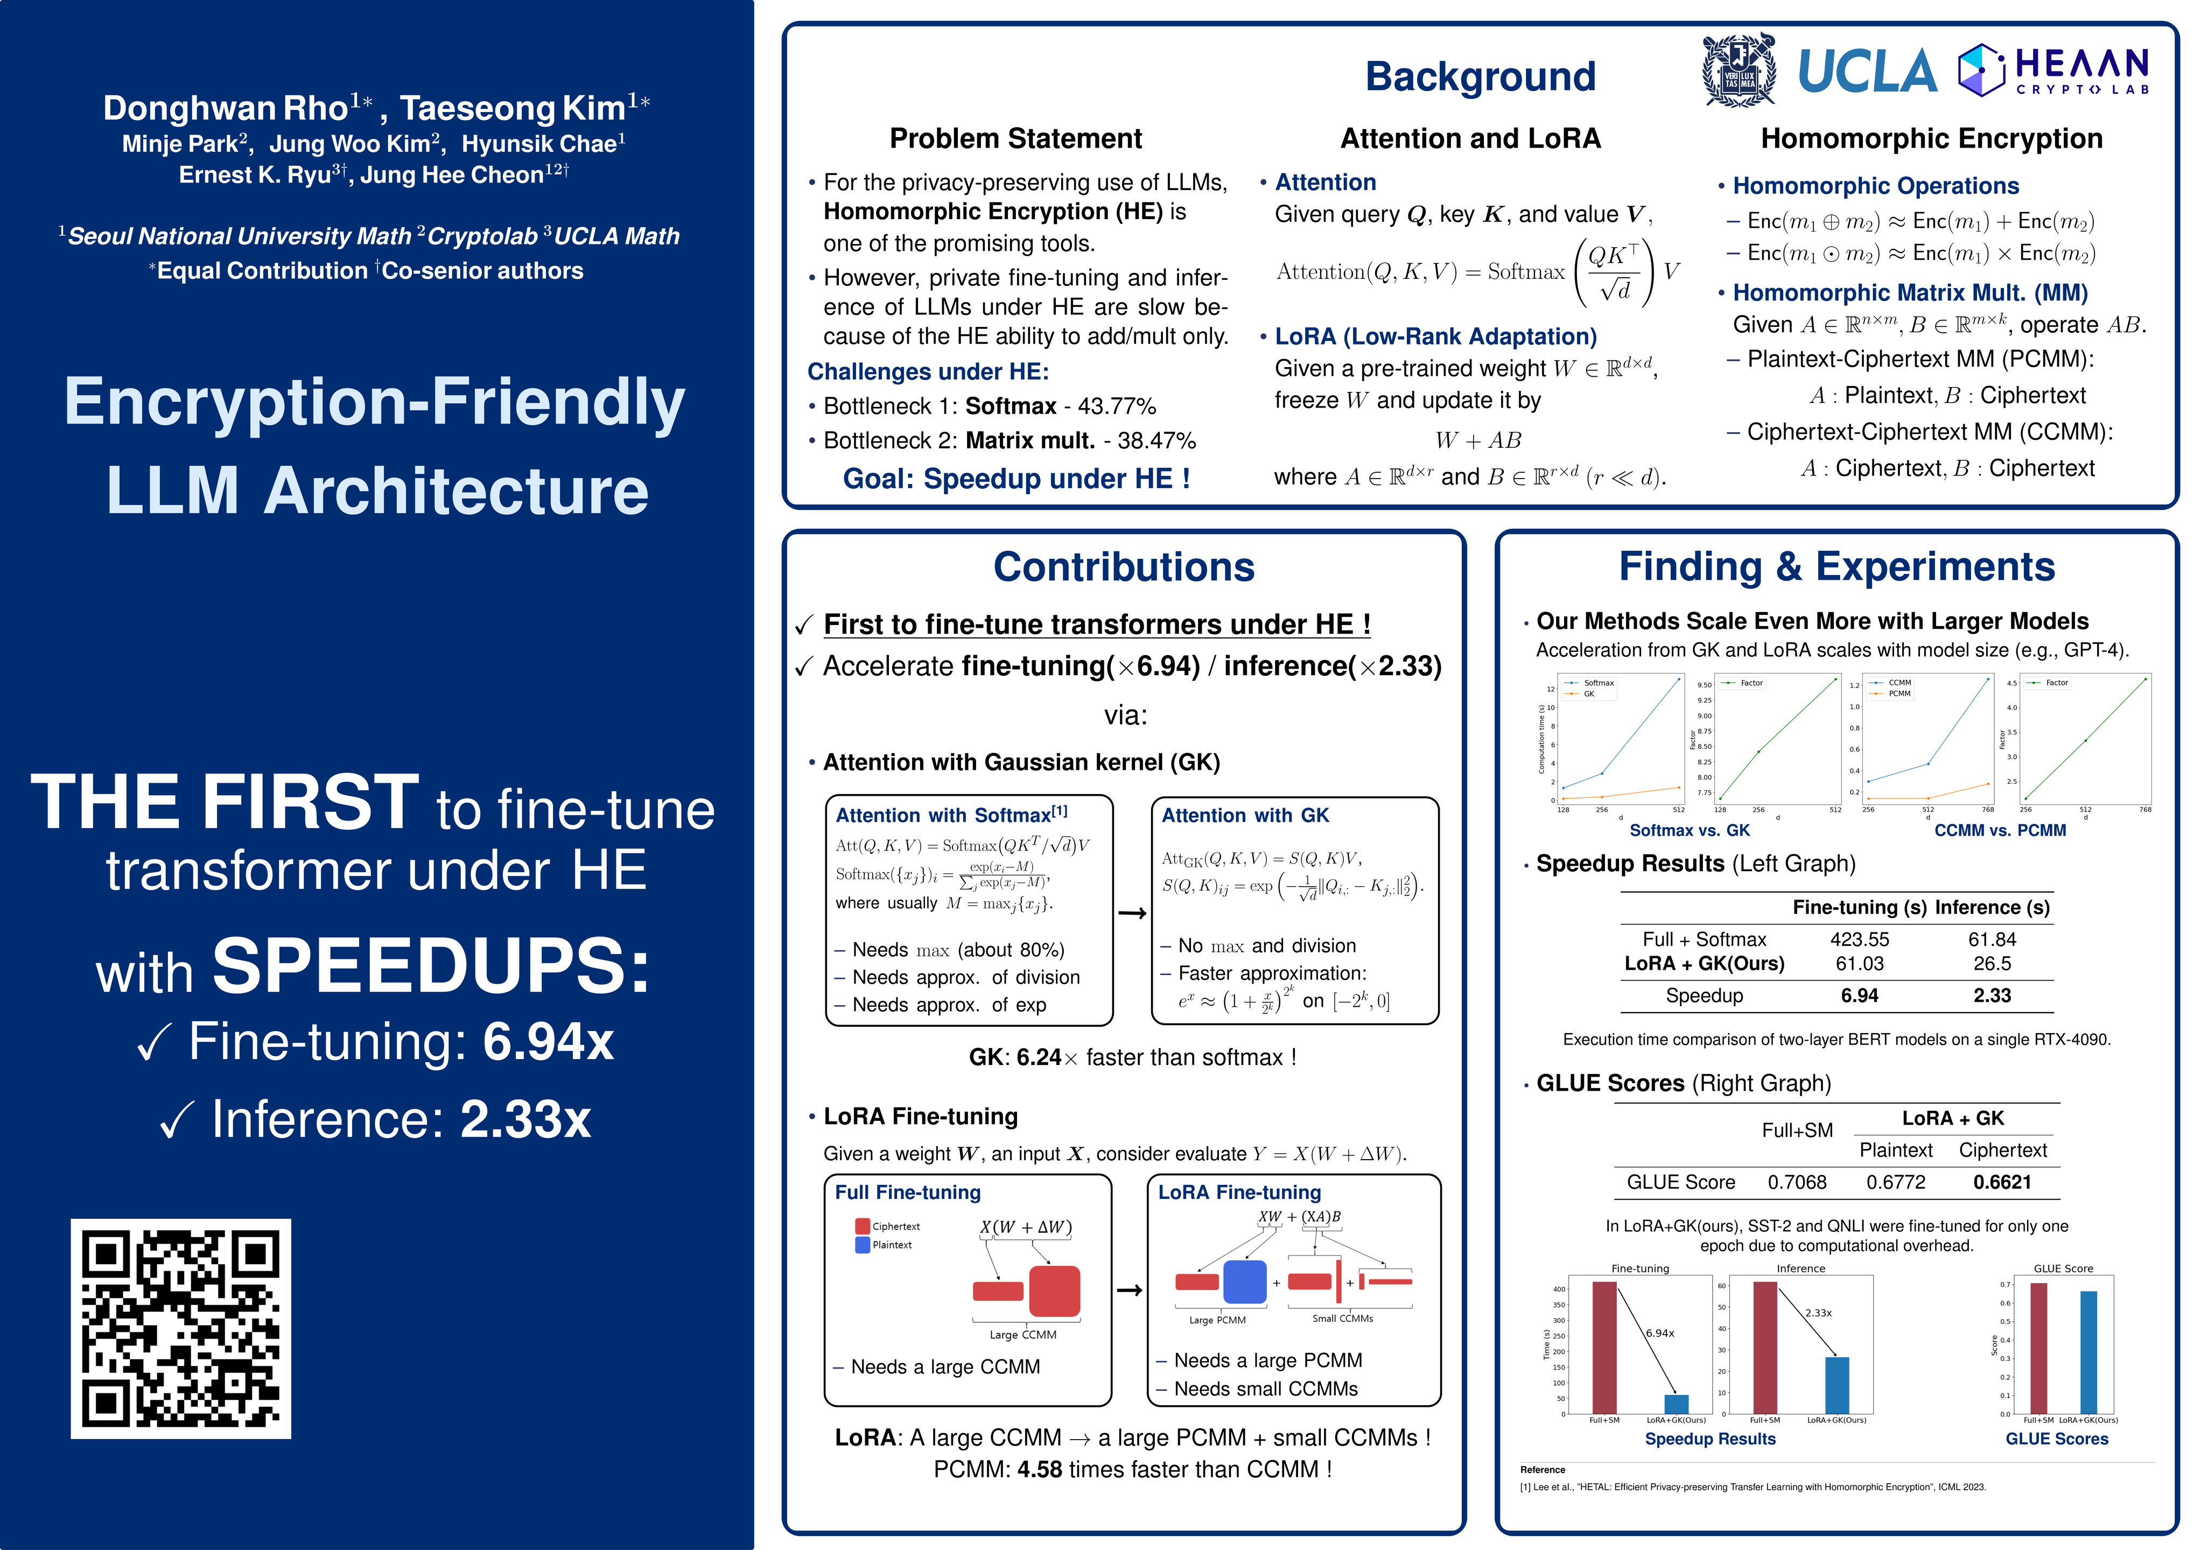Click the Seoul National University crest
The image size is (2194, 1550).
[1739, 70]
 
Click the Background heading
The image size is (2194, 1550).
[1479, 76]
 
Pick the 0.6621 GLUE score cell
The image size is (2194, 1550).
[2002, 1182]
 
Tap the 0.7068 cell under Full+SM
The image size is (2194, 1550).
[1797, 1182]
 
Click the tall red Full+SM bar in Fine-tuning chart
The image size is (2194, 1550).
[1604, 1348]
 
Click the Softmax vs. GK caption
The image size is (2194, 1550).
[1690, 830]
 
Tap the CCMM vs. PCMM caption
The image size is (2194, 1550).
[2000, 830]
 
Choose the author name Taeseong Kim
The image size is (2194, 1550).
[513, 108]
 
